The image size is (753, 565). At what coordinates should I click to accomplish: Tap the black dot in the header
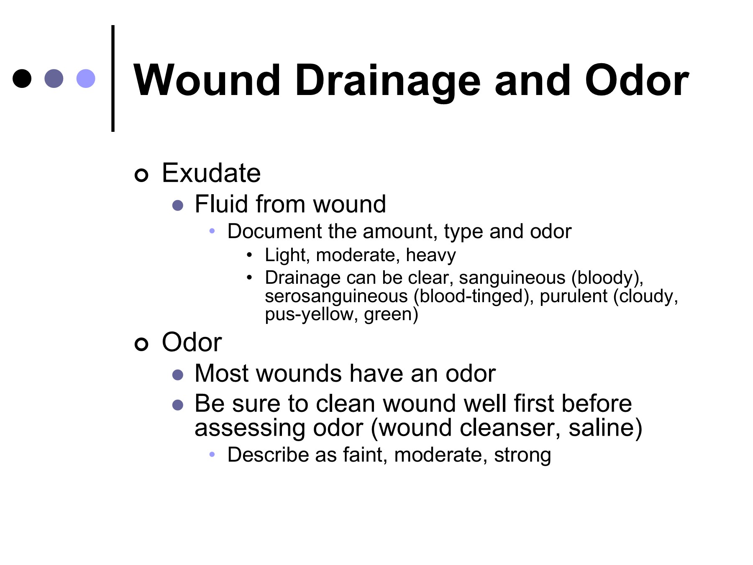click(22, 78)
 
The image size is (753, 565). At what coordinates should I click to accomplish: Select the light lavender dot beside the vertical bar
click(86, 78)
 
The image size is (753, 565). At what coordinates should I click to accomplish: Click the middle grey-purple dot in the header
click(54, 78)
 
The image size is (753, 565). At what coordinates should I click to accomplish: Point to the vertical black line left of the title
click(113, 78)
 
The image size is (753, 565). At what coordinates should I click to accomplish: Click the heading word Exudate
click(211, 173)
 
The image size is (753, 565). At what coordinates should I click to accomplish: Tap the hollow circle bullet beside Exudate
click(141, 175)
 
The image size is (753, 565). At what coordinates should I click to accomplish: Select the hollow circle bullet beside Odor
click(141, 344)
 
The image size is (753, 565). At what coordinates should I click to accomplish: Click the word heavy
click(430, 255)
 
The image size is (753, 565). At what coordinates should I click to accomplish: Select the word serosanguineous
click(336, 296)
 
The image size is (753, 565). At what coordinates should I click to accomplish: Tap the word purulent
click(573, 296)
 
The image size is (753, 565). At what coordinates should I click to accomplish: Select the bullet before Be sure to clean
click(178, 405)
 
